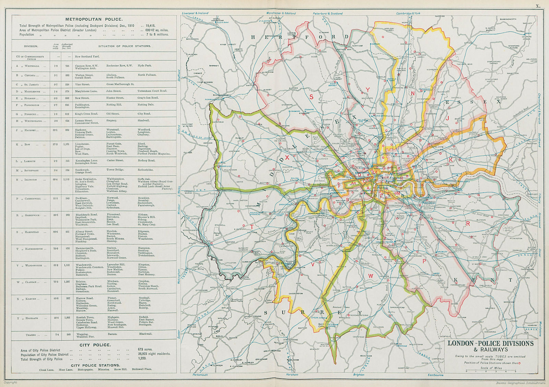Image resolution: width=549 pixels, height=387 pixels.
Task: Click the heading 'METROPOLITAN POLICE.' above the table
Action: [94, 20]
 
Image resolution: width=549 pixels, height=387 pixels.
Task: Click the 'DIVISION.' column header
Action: [31, 46]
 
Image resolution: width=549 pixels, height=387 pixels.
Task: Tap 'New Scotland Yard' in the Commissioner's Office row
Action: [87, 56]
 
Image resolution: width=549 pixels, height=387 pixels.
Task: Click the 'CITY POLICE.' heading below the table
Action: [95, 345]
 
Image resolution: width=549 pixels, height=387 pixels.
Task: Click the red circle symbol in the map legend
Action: [520, 363]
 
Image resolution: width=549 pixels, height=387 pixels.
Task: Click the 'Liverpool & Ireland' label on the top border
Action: [195, 13]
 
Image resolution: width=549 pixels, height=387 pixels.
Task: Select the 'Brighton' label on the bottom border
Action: [359, 375]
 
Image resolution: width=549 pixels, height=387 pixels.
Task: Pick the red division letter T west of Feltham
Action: [251, 227]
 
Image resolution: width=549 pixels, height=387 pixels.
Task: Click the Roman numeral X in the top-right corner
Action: [538, 5]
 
